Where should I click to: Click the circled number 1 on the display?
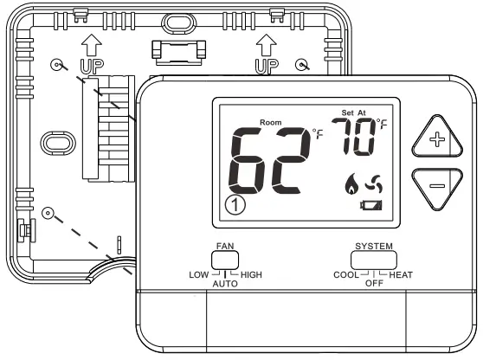(x=234, y=205)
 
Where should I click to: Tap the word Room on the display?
(x=269, y=122)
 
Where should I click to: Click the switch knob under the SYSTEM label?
(x=374, y=258)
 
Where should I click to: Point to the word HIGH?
(x=251, y=275)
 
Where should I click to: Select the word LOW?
(x=198, y=275)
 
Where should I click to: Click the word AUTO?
(x=225, y=284)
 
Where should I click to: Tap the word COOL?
(x=346, y=275)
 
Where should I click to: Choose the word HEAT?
(x=401, y=275)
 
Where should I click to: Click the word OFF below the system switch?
(x=374, y=284)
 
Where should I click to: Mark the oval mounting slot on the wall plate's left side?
(x=58, y=142)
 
